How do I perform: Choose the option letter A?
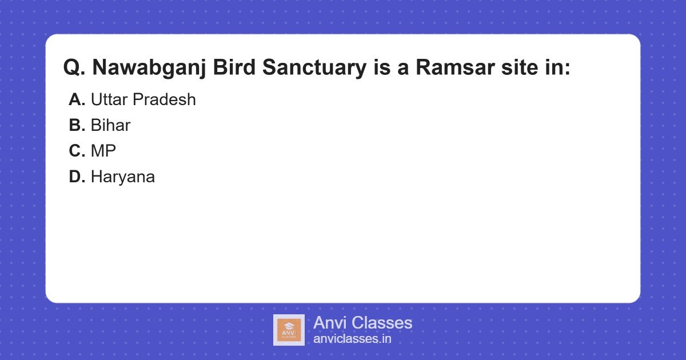click(77, 100)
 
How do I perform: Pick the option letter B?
click(77, 126)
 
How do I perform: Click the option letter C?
click(77, 151)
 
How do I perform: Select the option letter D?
click(77, 177)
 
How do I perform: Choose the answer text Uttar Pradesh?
click(143, 100)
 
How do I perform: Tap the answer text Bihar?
click(110, 126)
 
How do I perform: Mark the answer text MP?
click(103, 151)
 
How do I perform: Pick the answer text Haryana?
click(122, 177)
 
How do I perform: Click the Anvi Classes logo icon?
click(289, 330)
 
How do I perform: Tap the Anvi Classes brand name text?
click(362, 323)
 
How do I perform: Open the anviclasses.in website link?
click(352, 339)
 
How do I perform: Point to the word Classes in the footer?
click(381, 323)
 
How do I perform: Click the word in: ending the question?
click(557, 68)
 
